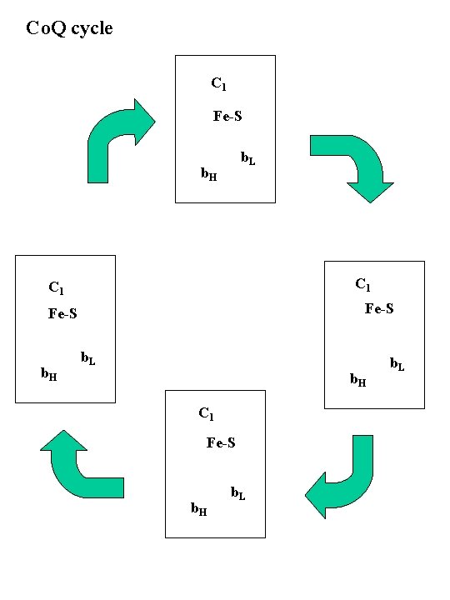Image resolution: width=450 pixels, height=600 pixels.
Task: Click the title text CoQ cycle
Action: (70, 29)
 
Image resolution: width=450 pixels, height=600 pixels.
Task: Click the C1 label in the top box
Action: (219, 84)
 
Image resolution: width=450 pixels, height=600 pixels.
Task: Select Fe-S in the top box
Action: (228, 117)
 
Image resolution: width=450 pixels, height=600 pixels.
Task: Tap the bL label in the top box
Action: (247, 157)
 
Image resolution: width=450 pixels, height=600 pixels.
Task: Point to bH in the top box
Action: (209, 174)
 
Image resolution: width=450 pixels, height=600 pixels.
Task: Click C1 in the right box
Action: (363, 285)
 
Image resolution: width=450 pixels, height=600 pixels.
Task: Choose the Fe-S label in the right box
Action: (379, 309)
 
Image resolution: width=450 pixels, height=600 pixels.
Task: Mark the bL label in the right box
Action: (397, 363)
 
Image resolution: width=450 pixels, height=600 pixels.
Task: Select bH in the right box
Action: (358, 381)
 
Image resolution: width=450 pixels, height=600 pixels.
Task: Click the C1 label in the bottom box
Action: (207, 413)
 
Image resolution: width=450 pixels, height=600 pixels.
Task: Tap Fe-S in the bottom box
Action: (221, 442)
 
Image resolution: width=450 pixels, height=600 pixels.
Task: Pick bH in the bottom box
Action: (199, 508)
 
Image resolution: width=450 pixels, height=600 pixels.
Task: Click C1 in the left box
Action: (56, 289)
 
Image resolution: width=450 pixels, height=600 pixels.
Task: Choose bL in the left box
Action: (87, 358)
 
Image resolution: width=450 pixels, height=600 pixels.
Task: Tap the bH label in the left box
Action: (50, 374)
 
